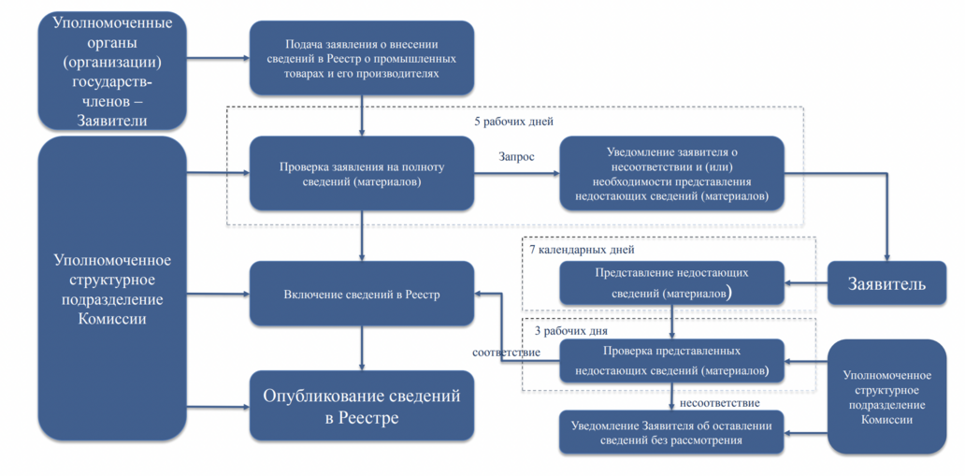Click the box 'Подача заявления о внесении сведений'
(361, 58)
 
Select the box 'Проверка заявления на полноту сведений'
(361, 174)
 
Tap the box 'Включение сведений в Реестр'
(361, 294)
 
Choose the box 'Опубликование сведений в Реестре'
(361, 407)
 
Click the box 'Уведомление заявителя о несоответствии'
(671, 174)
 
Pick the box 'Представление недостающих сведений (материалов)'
(671, 283)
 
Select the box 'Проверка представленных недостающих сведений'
(671, 361)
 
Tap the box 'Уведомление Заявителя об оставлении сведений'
(671, 432)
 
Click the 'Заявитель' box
(886, 283)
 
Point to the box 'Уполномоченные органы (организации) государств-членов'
(112, 71)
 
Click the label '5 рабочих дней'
(514, 122)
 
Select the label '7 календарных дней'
(581, 250)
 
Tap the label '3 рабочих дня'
(571, 331)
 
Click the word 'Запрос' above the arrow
(515, 156)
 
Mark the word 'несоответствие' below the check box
(720, 403)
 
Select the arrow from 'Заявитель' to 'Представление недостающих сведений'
(806, 283)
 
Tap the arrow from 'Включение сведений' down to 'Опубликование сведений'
(361, 348)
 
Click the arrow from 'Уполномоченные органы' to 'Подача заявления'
(218, 59)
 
